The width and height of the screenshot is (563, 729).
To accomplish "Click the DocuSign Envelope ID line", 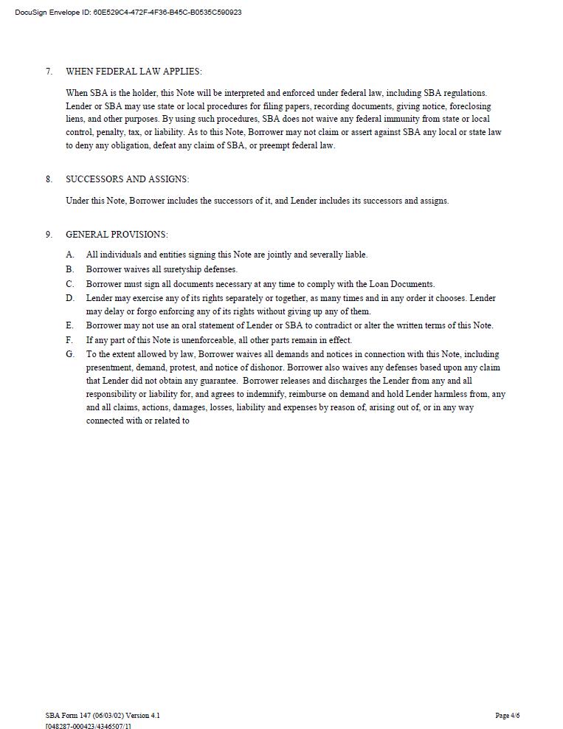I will (x=128, y=13).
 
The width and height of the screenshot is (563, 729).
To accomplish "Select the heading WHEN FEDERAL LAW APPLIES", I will (x=134, y=72).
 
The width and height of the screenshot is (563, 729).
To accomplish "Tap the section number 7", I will (x=49, y=72).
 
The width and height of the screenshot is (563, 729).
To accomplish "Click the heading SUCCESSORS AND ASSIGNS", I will (x=127, y=179).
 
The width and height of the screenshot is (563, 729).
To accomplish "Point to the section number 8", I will (x=49, y=179).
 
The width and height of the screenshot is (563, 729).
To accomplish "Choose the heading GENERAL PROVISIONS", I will (x=117, y=235).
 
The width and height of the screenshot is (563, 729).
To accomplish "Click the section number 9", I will (x=49, y=235).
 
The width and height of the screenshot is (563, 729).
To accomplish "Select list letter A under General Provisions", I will (x=70, y=255).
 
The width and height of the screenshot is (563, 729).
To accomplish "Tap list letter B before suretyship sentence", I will (x=70, y=269).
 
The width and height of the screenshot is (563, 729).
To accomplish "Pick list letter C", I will (x=70, y=284).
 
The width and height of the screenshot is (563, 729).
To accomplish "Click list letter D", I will (x=70, y=298).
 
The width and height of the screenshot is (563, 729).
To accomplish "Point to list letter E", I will (x=70, y=325).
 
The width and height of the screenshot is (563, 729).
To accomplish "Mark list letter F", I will (x=70, y=340).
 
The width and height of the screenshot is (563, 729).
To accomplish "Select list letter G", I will (x=70, y=354).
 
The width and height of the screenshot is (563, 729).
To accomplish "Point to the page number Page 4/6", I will (x=508, y=716).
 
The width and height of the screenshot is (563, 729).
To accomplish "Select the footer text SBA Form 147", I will (x=69, y=716).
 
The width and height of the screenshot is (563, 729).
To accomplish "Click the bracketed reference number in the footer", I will (x=89, y=726).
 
